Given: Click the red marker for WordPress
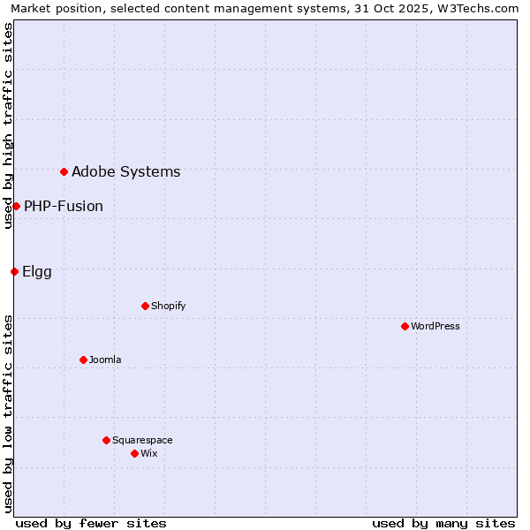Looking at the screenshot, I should click(x=405, y=326).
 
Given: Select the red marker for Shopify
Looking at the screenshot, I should click(x=145, y=306).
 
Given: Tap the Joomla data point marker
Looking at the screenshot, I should click(x=83, y=360).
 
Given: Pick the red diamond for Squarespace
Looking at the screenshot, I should click(x=106, y=440).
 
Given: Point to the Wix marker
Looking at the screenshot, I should click(x=134, y=453).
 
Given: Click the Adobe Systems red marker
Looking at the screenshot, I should click(x=64, y=171).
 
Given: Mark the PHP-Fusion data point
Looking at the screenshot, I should click(x=16, y=206).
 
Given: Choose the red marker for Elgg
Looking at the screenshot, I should click(x=14, y=271).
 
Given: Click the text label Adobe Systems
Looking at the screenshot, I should click(x=125, y=171).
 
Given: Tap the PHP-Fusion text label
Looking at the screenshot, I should click(x=64, y=206).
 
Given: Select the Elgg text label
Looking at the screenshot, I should click(x=37, y=271).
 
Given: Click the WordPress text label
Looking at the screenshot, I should click(x=435, y=326).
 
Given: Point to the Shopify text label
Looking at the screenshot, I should click(x=169, y=306).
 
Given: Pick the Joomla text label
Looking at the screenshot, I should click(x=105, y=360).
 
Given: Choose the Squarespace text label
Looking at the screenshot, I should click(x=142, y=440).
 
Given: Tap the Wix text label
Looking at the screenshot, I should click(x=149, y=453).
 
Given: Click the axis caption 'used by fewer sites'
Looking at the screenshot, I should click(x=91, y=523).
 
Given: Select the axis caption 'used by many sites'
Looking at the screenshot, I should click(x=443, y=523).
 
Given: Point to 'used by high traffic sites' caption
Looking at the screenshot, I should click(x=8, y=125).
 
